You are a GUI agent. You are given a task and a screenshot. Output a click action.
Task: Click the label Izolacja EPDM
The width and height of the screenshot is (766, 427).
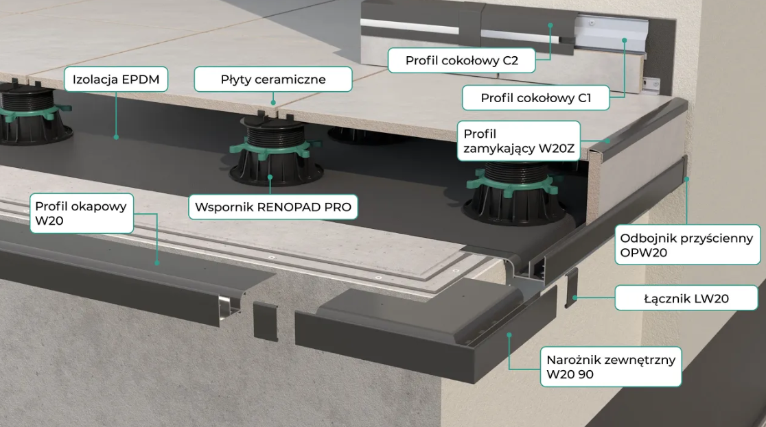(116, 80)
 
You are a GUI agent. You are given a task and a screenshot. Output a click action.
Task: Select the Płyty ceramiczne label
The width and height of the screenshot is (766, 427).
(273, 80)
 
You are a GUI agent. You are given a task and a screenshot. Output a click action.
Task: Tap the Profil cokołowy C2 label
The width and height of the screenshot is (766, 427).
(462, 60)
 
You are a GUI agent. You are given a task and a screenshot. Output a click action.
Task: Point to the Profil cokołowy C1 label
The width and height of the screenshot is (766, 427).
(536, 97)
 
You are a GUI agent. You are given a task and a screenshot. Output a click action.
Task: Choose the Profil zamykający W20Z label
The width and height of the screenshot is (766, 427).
(519, 141)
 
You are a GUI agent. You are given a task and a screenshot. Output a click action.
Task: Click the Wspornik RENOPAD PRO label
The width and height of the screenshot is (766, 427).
(273, 207)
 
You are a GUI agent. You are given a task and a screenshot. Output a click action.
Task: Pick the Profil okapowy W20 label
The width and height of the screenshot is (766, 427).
(82, 213)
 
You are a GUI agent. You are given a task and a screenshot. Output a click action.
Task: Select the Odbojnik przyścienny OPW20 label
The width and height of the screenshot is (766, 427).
(687, 245)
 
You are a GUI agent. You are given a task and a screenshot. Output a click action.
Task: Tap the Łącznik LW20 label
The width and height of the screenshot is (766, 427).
(686, 298)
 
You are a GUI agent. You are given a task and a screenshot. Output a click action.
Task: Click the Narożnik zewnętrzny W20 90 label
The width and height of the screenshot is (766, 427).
(611, 367)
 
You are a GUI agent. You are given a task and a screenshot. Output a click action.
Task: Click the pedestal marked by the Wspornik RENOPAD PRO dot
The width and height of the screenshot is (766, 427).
(277, 151)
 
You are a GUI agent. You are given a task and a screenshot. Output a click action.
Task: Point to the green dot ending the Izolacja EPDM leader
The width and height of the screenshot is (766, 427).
(116, 137)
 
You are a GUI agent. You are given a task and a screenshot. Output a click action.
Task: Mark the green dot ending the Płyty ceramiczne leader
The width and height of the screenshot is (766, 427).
(273, 103)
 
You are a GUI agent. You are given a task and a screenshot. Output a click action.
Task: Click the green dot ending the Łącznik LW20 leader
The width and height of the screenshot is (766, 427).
(575, 297)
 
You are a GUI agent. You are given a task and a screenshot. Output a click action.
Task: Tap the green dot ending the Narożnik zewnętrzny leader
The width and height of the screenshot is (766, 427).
(509, 334)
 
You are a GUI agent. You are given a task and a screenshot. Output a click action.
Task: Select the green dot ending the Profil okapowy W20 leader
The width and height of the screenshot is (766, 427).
(156, 263)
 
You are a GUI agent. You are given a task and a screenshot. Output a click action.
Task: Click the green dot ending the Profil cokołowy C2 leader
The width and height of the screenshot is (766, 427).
(550, 25)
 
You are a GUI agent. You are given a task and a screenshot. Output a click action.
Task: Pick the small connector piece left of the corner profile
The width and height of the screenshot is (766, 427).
(265, 320)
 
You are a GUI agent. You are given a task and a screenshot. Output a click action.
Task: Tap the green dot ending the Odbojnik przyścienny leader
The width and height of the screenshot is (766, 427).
(686, 179)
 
